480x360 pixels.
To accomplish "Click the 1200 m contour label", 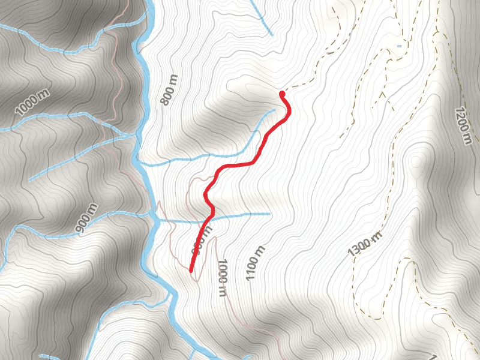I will click(462, 126).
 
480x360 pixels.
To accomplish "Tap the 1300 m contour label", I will click(364, 242).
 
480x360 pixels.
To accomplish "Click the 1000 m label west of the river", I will click(32, 103).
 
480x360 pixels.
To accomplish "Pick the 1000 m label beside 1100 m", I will click(222, 277).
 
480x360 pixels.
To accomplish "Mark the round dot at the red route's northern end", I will click(282, 94).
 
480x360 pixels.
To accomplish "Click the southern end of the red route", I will click(191, 271).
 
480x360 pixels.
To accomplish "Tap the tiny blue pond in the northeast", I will click(399, 46).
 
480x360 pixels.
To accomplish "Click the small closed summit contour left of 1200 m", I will click(416, 162).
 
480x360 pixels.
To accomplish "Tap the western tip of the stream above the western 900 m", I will click(29, 180).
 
